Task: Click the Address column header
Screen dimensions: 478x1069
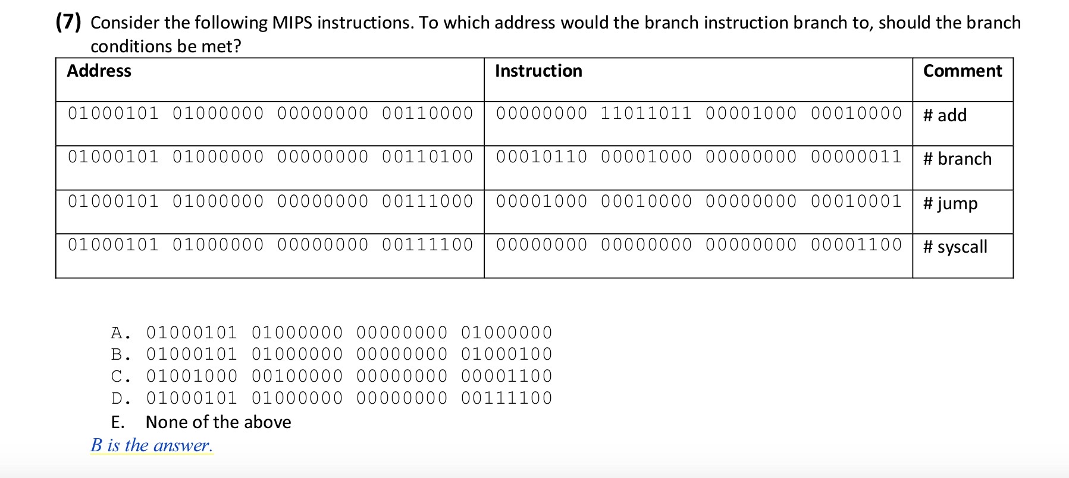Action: [99, 71]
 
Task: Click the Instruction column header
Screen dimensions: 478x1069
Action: [538, 71]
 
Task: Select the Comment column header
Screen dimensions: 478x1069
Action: [962, 71]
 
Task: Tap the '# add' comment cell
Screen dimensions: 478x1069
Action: [945, 115]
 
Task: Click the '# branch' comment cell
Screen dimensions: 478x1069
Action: [957, 159]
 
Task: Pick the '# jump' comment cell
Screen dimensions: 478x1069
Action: [950, 203]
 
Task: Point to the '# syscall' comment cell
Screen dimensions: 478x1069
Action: [955, 247]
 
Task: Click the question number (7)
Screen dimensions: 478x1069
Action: [68, 23]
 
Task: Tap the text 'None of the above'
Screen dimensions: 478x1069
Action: [218, 422]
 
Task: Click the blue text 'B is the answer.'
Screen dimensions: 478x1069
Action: [152, 445]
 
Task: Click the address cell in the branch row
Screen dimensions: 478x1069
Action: [270, 157]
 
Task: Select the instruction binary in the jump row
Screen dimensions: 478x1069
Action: [698, 201]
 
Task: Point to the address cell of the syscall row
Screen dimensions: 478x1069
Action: [270, 244]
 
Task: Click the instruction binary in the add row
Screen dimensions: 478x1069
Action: [698, 113]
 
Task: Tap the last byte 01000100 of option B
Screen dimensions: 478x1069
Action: [507, 354]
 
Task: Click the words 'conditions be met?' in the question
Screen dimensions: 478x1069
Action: [166, 46]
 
